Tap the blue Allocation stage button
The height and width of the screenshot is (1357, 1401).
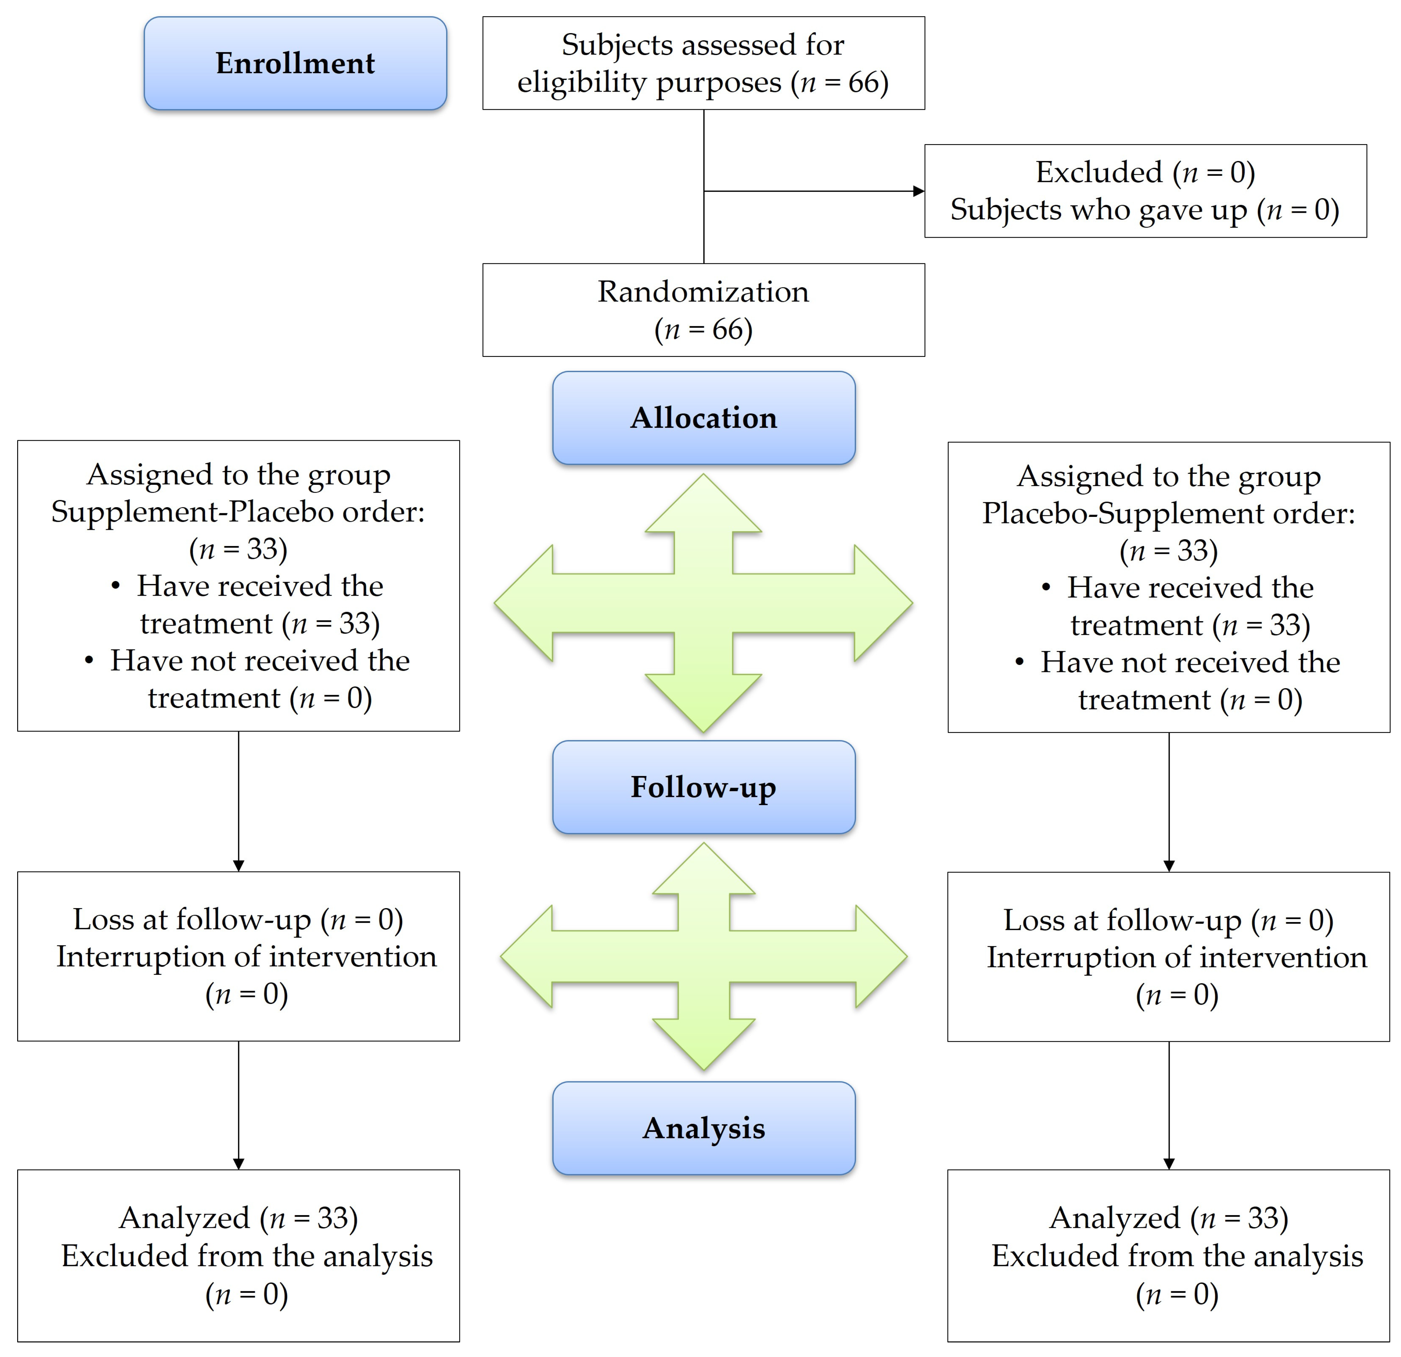(703, 418)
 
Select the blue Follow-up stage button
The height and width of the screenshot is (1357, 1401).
(703, 787)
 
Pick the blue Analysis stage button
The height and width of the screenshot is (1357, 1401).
(703, 1128)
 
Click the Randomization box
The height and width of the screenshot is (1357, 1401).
(703, 310)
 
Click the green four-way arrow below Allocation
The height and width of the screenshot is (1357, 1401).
(703, 603)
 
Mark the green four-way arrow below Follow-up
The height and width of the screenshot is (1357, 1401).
(703, 956)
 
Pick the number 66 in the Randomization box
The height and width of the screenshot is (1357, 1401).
(727, 329)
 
